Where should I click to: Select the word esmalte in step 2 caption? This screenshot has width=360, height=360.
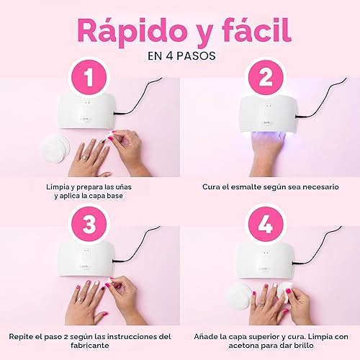(x=251, y=187)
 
